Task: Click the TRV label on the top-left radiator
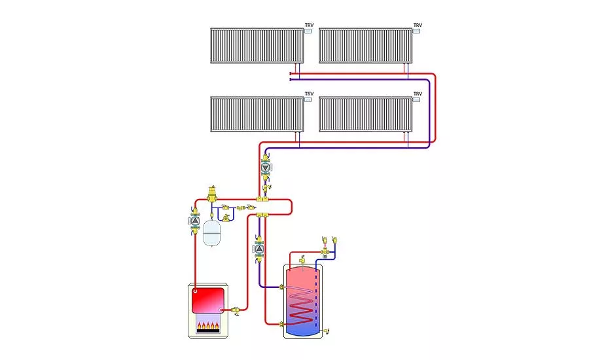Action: pyautogui.click(x=309, y=24)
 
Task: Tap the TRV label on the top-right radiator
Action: pyautogui.click(x=418, y=24)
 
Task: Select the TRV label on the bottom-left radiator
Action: pyautogui.click(x=309, y=94)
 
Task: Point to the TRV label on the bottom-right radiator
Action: pyautogui.click(x=418, y=94)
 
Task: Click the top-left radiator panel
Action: pyautogui.click(x=257, y=45)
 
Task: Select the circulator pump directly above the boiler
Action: pyautogui.click(x=195, y=221)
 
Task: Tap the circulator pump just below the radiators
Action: pyautogui.click(x=266, y=167)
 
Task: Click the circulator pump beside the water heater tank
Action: pyautogui.click(x=260, y=249)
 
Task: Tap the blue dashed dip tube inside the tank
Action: pyautogui.click(x=317, y=295)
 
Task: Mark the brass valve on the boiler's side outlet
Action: pyautogui.click(x=236, y=308)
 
